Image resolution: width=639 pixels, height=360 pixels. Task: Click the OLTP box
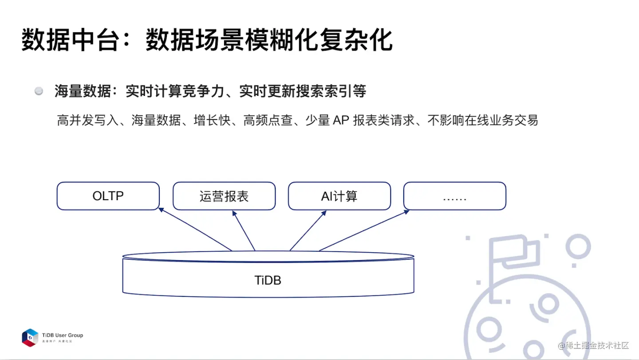[x=108, y=196]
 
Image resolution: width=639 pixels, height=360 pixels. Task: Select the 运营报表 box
[x=224, y=196]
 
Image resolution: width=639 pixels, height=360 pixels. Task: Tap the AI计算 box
[x=339, y=196]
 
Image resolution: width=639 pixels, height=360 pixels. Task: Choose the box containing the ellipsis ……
[x=454, y=196]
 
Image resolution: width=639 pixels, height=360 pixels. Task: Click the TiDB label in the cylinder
[x=268, y=280]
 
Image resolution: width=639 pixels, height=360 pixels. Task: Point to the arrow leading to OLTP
[x=195, y=229]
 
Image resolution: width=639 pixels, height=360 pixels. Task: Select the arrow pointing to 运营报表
[x=244, y=230]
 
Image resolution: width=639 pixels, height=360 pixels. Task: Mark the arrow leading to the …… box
[x=364, y=230]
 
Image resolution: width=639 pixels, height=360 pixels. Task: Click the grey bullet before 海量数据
[x=39, y=91]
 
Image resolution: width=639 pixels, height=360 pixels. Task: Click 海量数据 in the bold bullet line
[x=83, y=91]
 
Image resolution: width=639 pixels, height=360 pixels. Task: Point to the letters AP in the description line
[x=341, y=120]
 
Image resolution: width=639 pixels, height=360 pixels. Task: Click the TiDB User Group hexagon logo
[x=30, y=337]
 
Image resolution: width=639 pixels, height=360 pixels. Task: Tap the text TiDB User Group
[x=63, y=335]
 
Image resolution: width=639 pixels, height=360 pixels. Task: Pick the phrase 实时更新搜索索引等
[x=303, y=91]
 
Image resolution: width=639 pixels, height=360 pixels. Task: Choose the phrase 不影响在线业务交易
[x=483, y=120]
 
